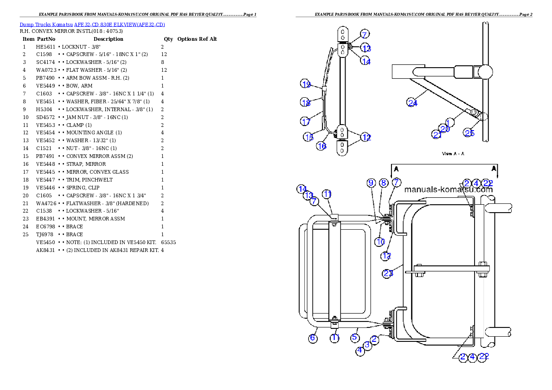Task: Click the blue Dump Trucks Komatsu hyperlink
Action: (x=92, y=25)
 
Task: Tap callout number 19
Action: (x=305, y=84)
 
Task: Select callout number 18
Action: (x=305, y=103)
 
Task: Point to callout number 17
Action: (x=305, y=122)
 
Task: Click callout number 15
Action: (x=309, y=137)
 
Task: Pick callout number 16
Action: (x=321, y=146)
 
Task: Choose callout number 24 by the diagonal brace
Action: (x=412, y=103)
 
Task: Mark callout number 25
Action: (x=469, y=133)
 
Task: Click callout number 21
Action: (x=436, y=134)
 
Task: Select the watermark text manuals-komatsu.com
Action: (x=448, y=189)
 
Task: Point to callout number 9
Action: (x=371, y=183)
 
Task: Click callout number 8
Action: (x=384, y=183)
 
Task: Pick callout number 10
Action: (x=380, y=241)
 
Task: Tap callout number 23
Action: (x=388, y=273)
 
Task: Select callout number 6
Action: (x=313, y=338)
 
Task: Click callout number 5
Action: (x=355, y=338)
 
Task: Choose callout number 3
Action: (x=367, y=345)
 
